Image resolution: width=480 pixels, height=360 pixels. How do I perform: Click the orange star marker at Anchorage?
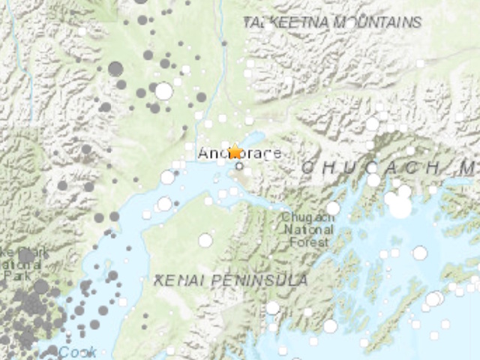pos(235,151)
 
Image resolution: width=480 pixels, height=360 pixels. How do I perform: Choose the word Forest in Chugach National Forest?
pos(310,241)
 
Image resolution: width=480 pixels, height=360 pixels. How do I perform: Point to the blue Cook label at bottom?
pos(77,352)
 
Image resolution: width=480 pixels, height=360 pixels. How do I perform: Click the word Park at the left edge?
pos(10,274)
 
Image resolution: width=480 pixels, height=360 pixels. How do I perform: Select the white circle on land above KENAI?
pos(205,240)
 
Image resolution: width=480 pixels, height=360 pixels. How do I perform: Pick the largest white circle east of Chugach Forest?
pos(400,207)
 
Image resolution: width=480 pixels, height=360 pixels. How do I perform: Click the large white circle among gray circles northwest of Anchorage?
pos(163,91)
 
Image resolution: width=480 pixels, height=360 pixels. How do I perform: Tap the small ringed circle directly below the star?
pos(239,166)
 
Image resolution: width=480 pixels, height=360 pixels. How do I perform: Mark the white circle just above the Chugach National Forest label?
pos(333,208)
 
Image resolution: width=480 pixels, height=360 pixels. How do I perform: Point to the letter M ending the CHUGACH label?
pos(469,168)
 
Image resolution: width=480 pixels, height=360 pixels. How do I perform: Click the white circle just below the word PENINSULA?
pos(272,307)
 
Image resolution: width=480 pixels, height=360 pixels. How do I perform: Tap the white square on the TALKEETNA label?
pos(268,25)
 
